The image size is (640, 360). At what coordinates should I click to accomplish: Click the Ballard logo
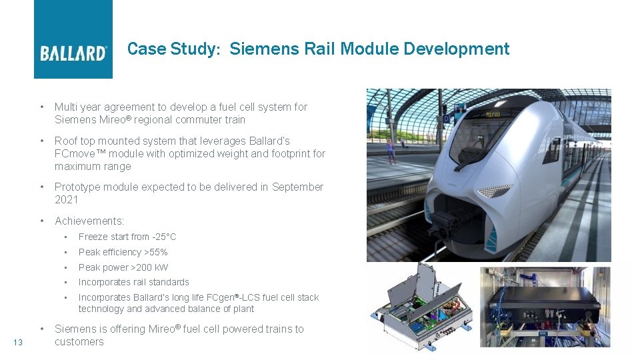73,53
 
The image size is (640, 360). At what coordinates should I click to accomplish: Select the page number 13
18,342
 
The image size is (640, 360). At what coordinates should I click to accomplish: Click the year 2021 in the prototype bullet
67,199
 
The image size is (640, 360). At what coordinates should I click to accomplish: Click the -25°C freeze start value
163,237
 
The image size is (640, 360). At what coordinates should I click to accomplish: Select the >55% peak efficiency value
156,252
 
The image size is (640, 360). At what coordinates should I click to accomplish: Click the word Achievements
89,221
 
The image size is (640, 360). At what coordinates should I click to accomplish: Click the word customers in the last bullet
79,341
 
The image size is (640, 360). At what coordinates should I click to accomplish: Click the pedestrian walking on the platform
390,151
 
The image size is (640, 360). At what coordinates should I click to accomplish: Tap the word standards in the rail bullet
169,282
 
